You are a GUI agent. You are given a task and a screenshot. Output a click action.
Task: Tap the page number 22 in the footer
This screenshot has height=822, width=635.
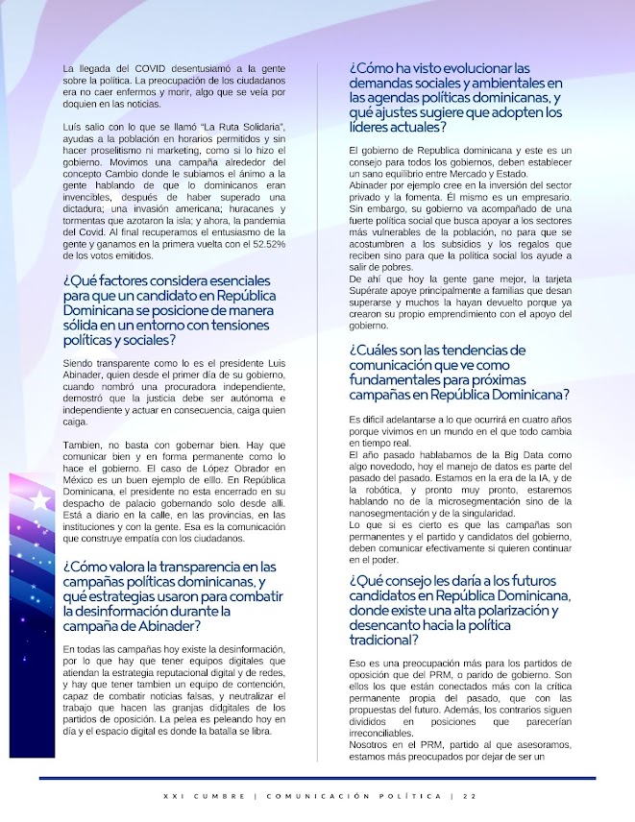[x=469, y=795]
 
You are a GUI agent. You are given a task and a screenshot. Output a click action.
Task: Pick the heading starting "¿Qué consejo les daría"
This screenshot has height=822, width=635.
[x=461, y=610]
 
